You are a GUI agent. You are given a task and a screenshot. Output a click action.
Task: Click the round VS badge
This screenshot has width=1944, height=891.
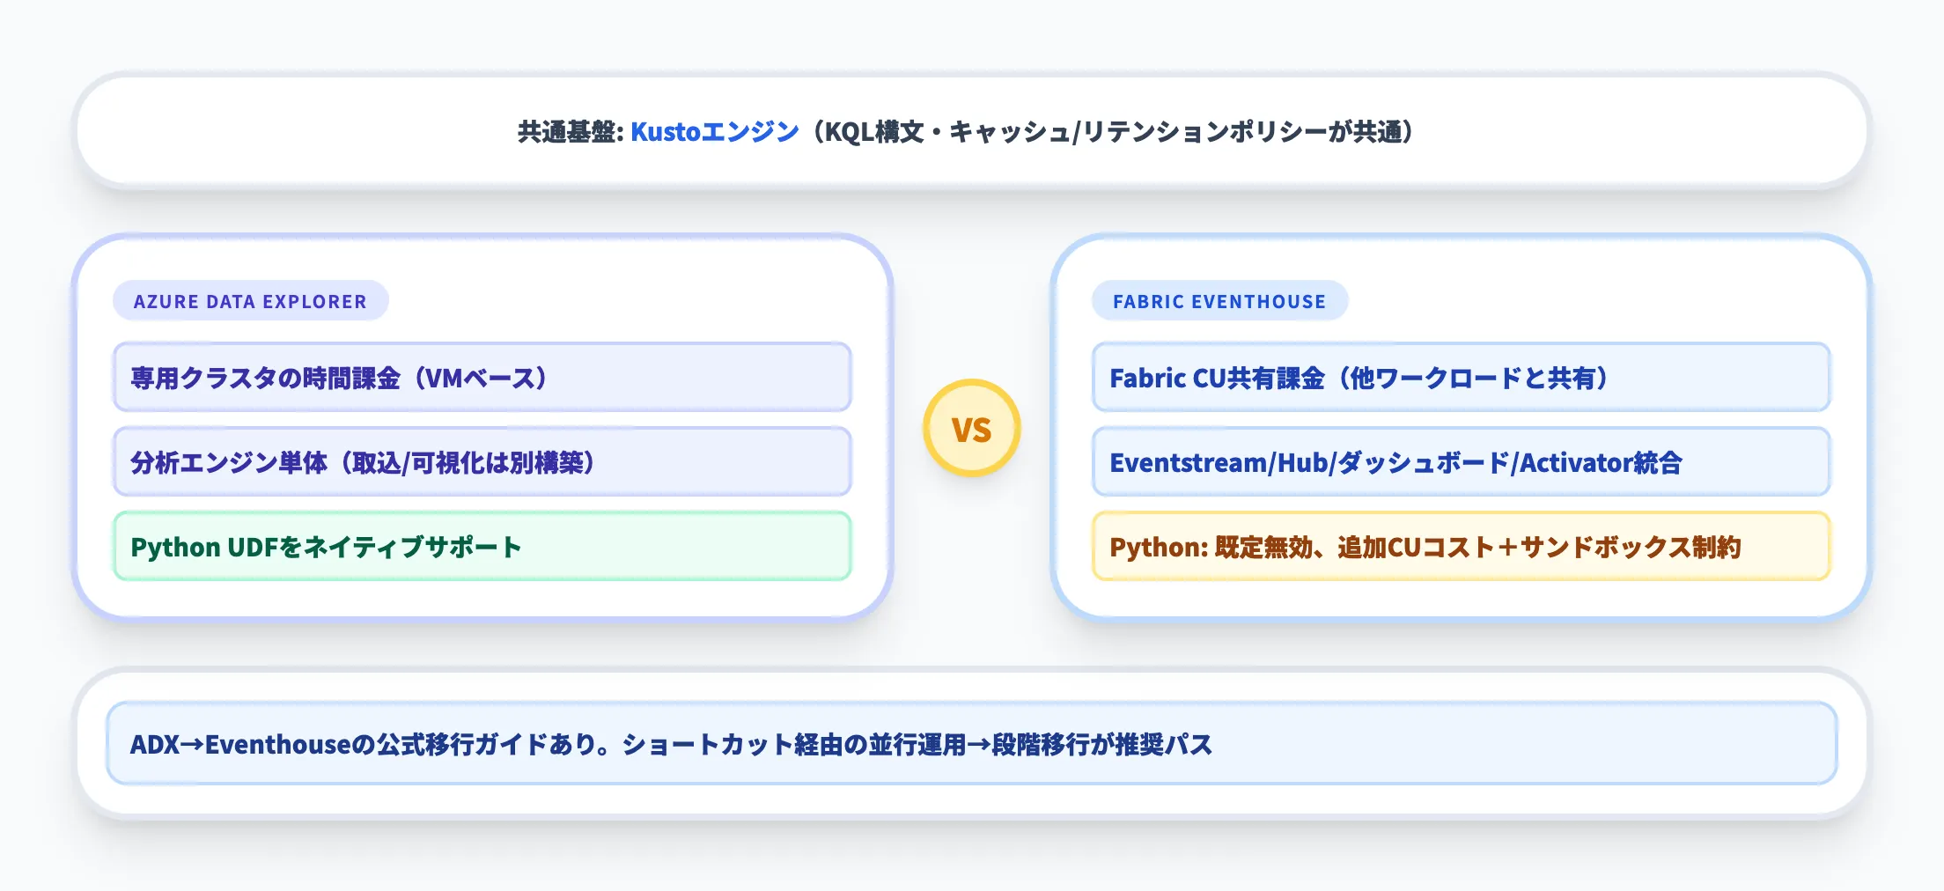[x=971, y=429]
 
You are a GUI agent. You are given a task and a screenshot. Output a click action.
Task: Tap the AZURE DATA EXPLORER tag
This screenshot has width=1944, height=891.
[x=250, y=301]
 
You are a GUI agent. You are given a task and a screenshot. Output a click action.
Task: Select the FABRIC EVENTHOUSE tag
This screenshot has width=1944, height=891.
[x=1219, y=301]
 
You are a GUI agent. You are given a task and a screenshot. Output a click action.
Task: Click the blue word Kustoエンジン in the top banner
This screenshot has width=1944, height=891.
[x=714, y=132]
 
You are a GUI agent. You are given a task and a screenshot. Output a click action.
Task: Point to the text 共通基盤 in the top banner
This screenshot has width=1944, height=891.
[x=565, y=132]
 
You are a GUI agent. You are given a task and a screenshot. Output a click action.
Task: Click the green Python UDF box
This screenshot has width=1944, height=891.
[x=482, y=547]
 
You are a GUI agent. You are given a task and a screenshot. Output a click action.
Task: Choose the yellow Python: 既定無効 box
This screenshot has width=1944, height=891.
[x=1460, y=547]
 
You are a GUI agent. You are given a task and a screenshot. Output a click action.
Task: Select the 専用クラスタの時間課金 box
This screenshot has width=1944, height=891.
[x=482, y=378]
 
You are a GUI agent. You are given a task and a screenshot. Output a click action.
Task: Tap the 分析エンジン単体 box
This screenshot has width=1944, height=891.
[x=482, y=462]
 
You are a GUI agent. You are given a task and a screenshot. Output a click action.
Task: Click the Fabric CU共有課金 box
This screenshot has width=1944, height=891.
[x=1460, y=378]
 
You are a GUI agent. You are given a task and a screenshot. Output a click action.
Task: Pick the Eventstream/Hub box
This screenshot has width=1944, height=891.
[x=1460, y=462]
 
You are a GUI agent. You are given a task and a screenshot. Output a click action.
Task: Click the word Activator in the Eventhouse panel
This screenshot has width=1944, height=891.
[x=1576, y=463]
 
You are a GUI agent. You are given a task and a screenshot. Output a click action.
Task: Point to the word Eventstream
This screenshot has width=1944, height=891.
[x=1188, y=463]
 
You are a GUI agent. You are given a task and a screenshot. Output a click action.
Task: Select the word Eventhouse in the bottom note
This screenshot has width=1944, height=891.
[x=278, y=745]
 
